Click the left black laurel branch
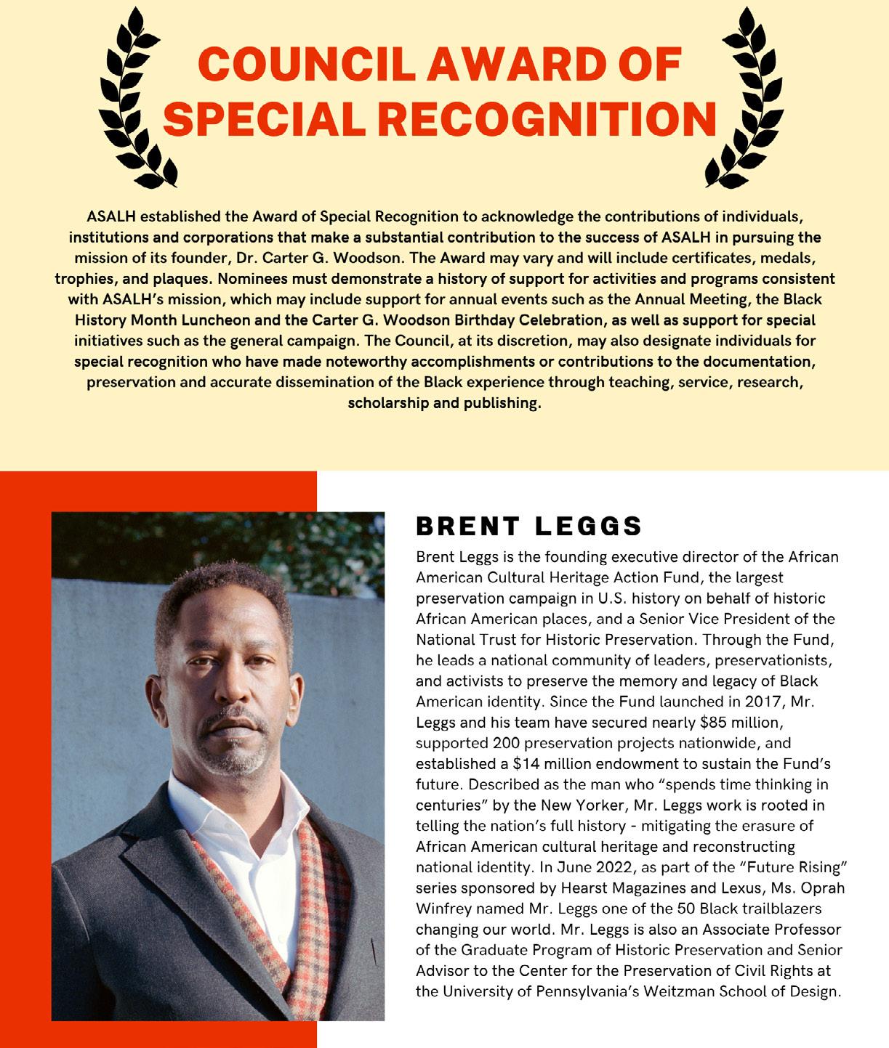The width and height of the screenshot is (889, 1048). click(x=138, y=98)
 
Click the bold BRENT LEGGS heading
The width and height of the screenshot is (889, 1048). click(x=528, y=526)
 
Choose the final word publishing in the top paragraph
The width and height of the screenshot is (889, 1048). click(x=502, y=403)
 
